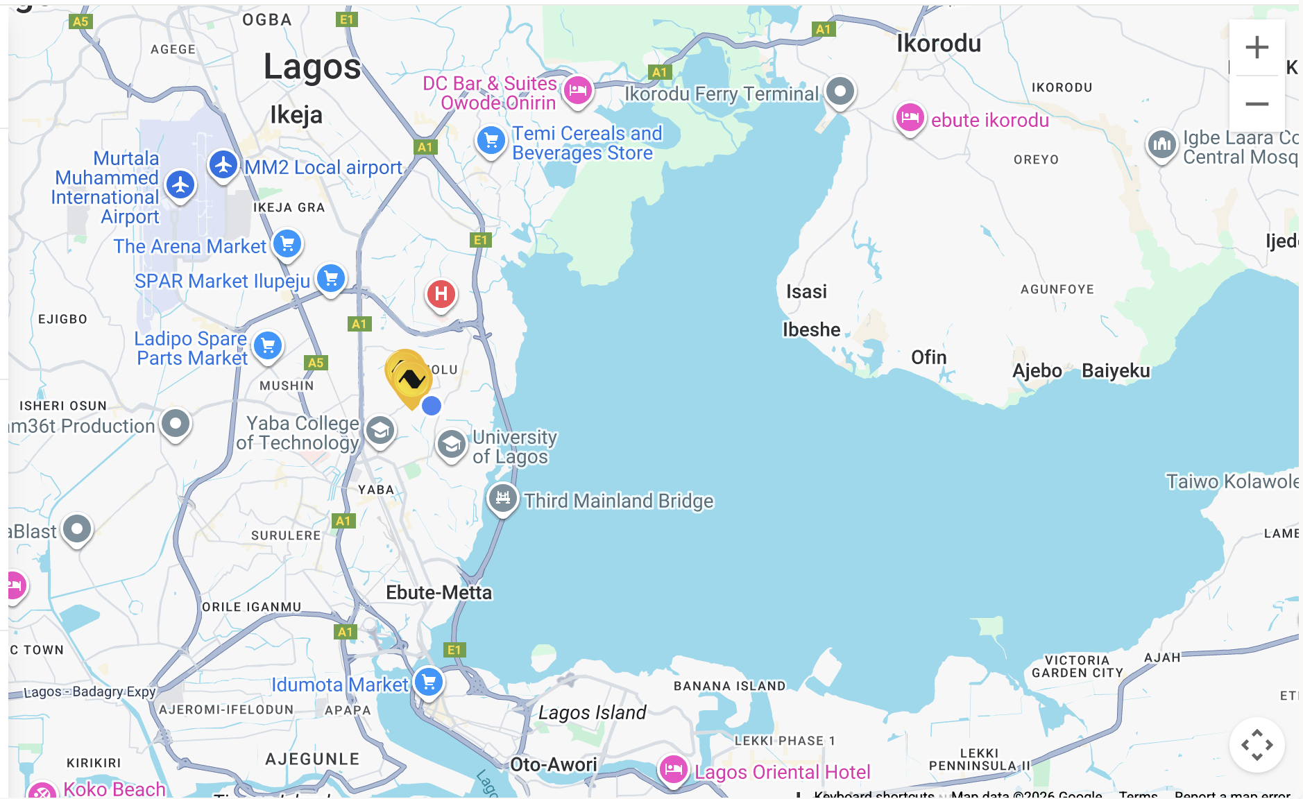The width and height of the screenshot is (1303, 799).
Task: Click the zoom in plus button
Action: point(1257,48)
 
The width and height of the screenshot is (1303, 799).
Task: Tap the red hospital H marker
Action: point(441,294)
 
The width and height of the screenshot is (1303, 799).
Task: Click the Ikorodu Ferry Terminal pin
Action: point(840,91)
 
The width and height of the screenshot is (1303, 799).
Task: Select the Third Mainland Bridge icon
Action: point(502,497)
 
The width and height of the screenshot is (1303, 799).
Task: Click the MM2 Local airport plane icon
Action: point(223,165)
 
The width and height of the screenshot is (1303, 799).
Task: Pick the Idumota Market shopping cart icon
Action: point(429,681)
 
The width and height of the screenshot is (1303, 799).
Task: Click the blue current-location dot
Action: point(432,406)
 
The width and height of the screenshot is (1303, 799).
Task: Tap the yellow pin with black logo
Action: point(410,378)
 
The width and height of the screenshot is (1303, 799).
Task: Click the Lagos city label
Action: point(312,67)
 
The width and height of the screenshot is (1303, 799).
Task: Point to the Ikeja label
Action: point(296,114)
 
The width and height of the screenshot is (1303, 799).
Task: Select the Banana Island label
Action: point(729,686)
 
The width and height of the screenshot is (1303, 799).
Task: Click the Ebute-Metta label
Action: point(438,592)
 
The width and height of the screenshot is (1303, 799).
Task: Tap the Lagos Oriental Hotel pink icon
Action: point(673,768)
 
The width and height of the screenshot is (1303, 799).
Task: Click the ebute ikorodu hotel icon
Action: point(910,117)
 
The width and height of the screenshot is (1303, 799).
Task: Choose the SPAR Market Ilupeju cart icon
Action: point(331,278)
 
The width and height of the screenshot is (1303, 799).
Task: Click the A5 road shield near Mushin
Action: point(316,362)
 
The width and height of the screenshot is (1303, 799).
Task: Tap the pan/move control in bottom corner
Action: point(1257,745)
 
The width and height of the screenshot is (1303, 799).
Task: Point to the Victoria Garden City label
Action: point(1077,667)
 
